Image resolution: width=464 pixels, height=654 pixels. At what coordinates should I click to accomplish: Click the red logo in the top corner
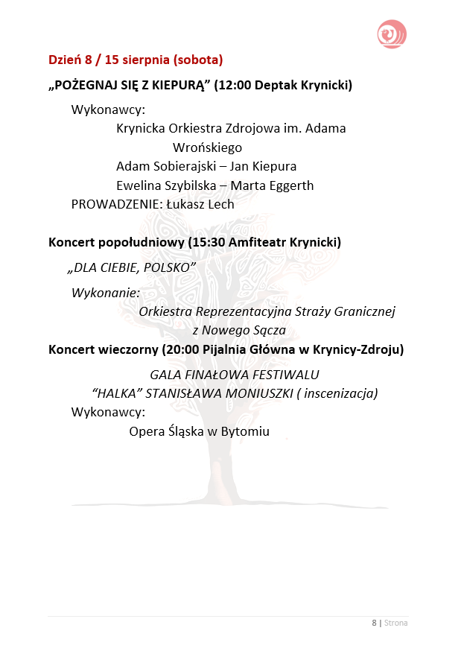click(392, 34)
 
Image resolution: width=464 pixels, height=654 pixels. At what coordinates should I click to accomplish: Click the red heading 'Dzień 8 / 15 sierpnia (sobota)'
click(136, 59)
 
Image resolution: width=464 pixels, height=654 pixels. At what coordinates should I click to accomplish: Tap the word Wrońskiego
click(207, 147)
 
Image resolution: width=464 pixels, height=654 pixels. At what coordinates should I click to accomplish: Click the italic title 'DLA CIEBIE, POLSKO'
click(131, 267)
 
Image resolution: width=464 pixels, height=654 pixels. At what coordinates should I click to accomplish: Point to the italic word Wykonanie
click(106, 293)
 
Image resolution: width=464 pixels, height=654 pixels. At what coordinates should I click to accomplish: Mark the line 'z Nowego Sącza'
click(238, 330)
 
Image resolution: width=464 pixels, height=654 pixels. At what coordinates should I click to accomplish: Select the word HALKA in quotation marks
click(118, 393)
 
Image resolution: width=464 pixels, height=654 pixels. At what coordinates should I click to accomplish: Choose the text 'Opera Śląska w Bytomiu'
click(199, 431)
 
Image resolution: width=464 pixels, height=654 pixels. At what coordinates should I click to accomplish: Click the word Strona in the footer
click(396, 623)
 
